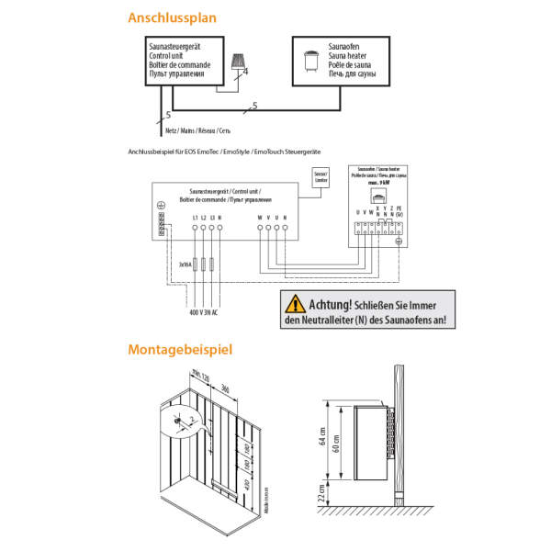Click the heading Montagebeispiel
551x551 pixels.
click(x=180, y=349)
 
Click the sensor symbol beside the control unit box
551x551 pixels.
click(x=242, y=60)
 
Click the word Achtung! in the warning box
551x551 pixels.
click(x=331, y=304)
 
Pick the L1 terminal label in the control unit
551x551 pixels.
click(x=195, y=217)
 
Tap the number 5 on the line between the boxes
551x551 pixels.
click(x=254, y=106)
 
